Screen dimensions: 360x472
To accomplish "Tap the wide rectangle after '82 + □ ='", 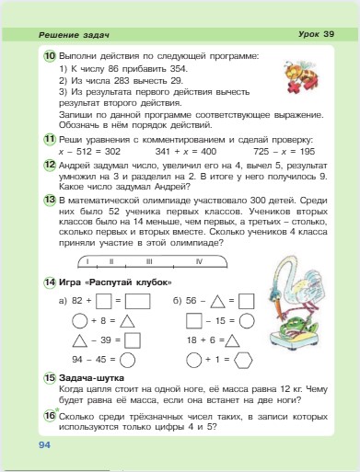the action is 138,300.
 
